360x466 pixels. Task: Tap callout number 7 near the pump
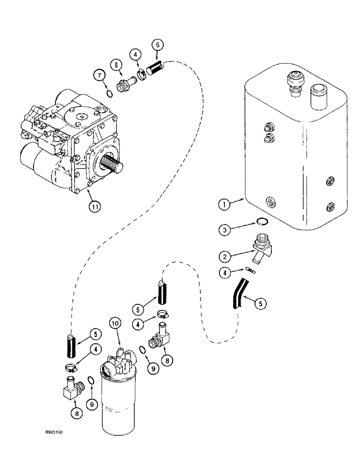(x=98, y=75)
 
